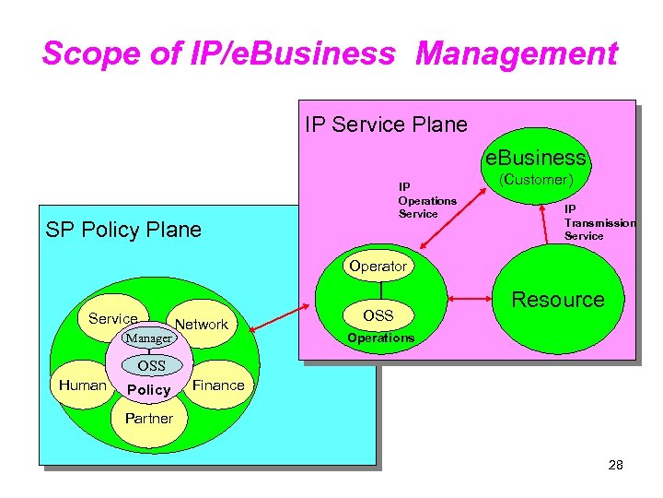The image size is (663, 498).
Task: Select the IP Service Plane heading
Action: click(x=386, y=124)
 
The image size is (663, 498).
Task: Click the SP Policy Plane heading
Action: click(x=123, y=230)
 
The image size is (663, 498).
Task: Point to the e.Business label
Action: click(x=537, y=158)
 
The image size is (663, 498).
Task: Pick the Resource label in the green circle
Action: click(x=558, y=299)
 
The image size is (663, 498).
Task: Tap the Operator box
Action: click(x=378, y=266)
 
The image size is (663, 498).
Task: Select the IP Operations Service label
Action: click(x=426, y=200)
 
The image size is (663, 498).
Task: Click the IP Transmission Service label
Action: click(x=599, y=222)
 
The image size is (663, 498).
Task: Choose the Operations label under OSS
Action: click(x=380, y=338)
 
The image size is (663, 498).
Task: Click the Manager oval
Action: click(x=148, y=338)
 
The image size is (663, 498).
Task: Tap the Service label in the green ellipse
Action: click(x=113, y=318)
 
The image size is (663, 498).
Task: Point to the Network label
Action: click(x=201, y=324)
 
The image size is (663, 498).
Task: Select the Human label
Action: click(x=83, y=385)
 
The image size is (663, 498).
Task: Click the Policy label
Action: click(x=149, y=390)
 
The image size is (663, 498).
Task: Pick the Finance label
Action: click(x=218, y=385)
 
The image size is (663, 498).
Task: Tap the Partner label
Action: click(x=148, y=418)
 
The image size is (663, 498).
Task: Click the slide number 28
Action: click(x=615, y=465)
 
